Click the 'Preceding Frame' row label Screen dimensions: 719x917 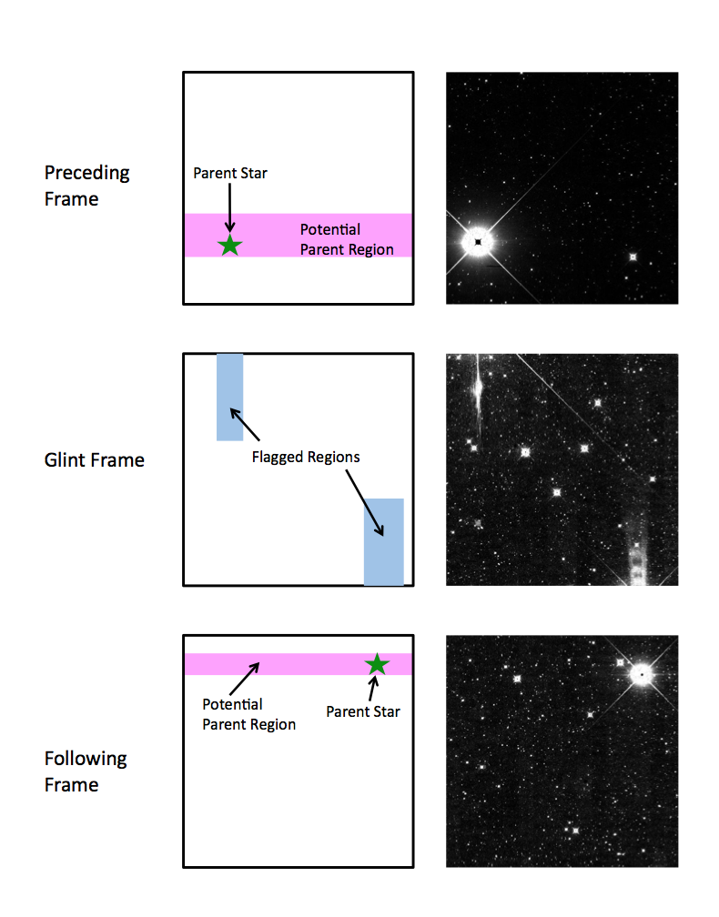click(x=86, y=186)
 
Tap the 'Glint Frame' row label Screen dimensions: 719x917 click(x=94, y=460)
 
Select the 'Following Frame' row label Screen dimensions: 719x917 click(x=86, y=771)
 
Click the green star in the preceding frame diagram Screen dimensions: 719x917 click(x=230, y=246)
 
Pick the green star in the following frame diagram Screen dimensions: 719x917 click(x=378, y=664)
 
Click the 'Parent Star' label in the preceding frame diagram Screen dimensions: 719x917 click(x=230, y=173)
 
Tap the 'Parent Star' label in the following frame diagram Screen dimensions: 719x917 click(x=363, y=711)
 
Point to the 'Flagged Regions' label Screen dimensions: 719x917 click(x=306, y=458)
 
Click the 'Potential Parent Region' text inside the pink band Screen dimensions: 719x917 click(x=347, y=239)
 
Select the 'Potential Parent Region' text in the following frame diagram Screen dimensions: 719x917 click(x=248, y=714)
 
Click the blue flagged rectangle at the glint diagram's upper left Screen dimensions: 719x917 click(x=230, y=397)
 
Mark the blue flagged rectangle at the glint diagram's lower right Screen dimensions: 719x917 click(x=384, y=541)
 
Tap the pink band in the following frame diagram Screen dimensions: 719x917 click(x=299, y=664)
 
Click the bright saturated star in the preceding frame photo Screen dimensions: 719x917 click(x=478, y=242)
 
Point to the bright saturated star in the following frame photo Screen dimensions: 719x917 click(x=642, y=674)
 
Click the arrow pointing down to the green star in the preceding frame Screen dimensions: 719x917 click(x=230, y=208)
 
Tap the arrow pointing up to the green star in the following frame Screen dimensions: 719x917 click(x=373, y=689)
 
